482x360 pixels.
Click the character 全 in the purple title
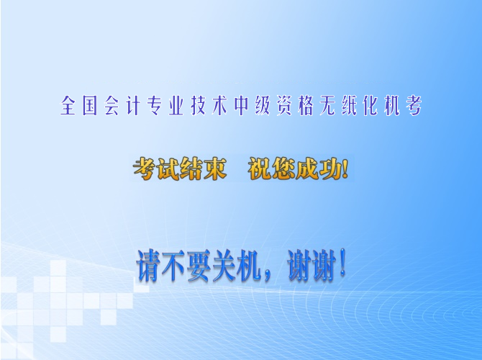click(68, 106)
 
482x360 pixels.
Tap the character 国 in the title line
click(90, 106)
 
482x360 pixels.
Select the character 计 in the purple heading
click(133, 106)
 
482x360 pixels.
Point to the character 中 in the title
click(241, 106)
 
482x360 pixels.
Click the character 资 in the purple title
click(284, 106)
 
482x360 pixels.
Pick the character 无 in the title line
click(327, 106)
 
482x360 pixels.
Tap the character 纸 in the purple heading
click(350, 106)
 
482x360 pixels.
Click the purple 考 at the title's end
click(414, 106)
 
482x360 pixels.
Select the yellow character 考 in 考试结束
click(145, 168)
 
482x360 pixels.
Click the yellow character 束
click(215, 168)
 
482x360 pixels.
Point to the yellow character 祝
click(260, 168)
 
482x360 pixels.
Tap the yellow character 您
click(284, 168)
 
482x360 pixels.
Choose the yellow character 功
click(331, 168)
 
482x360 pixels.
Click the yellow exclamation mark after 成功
click(345, 168)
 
